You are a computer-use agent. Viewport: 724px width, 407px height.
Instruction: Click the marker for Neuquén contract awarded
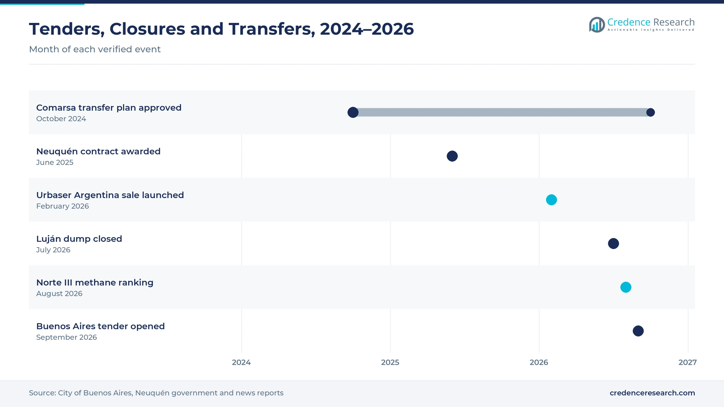point(452,156)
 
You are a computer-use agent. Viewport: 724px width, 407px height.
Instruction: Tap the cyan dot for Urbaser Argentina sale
point(551,200)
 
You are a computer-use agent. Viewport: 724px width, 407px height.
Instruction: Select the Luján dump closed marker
point(613,244)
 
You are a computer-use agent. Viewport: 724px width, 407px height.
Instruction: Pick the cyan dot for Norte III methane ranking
point(626,287)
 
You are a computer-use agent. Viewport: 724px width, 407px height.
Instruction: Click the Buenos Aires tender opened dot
point(638,331)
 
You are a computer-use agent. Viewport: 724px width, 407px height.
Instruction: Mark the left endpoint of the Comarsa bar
point(353,112)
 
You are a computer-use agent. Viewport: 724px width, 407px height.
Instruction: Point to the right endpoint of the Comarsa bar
point(650,112)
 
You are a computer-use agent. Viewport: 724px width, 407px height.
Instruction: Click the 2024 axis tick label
point(241,362)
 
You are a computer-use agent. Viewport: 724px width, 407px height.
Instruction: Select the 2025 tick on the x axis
point(390,362)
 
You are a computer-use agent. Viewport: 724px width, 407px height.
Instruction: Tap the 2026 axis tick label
point(539,362)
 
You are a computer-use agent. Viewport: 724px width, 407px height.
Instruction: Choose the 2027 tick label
point(687,362)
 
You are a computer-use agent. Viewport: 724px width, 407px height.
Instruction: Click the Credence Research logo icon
point(597,25)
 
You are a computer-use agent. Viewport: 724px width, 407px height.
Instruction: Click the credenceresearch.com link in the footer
point(652,393)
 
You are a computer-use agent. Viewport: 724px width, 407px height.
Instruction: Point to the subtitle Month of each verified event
point(95,49)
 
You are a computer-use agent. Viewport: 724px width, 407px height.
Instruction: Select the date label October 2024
point(61,119)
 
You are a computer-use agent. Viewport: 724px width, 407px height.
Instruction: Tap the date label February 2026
point(62,206)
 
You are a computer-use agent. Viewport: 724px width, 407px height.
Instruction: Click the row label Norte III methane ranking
point(95,282)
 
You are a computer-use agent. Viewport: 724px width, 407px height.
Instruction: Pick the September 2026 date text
point(66,337)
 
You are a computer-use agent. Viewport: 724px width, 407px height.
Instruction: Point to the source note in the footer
point(156,393)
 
